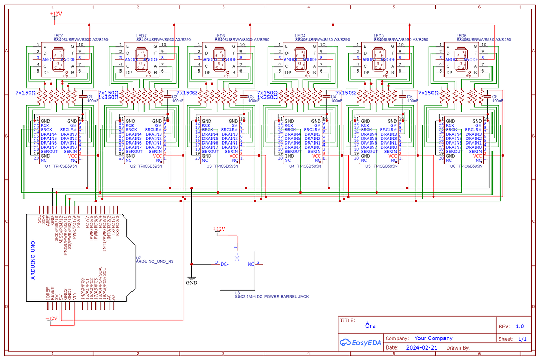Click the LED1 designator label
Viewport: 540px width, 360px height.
(x=59, y=35)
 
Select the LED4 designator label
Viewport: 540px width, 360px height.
(x=301, y=35)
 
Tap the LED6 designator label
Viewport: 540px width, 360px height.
(x=461, y=35)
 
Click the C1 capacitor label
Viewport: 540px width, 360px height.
(x=89, y=97)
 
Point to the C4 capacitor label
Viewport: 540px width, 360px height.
(x=334, y=97)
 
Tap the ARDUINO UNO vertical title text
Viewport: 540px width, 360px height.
(x=33, y=260)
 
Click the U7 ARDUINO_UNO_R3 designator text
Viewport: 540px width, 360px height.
(x=154, y=260)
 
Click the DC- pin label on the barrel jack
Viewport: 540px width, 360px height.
(x=225, y=264)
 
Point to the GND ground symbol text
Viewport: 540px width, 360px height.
(x=192, y=283)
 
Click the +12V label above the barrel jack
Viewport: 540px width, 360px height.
(x=219, y=229)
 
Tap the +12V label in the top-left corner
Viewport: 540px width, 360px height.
(x=56, y=14)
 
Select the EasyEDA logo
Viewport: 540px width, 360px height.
(x=359, y=342)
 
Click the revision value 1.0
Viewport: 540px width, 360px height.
(x=519, y=327)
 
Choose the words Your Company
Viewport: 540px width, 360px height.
(x=434, y=338)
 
